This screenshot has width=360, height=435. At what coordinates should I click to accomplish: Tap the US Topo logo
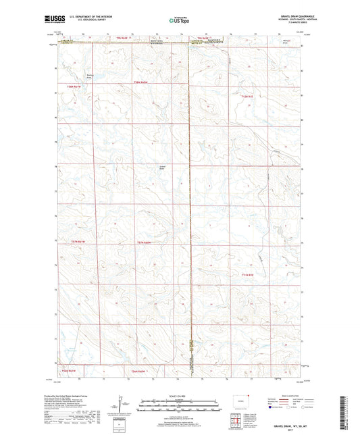point(179,21)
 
